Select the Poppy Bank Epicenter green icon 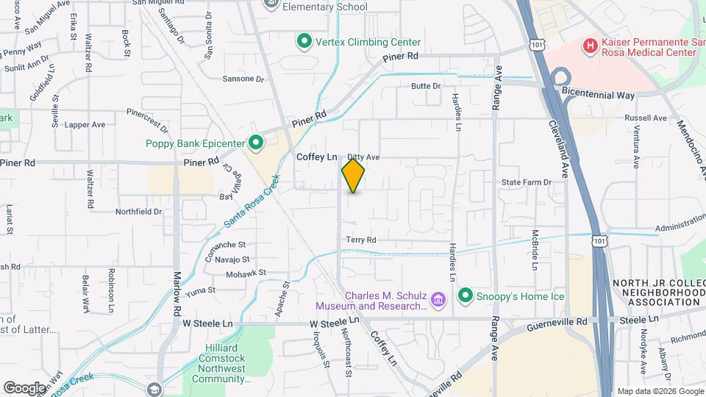tap(255, 142)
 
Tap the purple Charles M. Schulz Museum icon tap(438, 299)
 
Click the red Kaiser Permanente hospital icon tap(589, 46)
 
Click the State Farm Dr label tap(526, 182)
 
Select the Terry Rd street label tap(360, 240)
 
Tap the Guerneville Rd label tap(556, 321)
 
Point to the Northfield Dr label tap(138, 211)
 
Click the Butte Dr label tap(425, 86)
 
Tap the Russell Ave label tap(644, 118)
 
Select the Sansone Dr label tap(243, 78)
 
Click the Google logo tap(24, 387)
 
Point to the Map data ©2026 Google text tap(660, 391)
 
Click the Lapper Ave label tap(85, 125)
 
